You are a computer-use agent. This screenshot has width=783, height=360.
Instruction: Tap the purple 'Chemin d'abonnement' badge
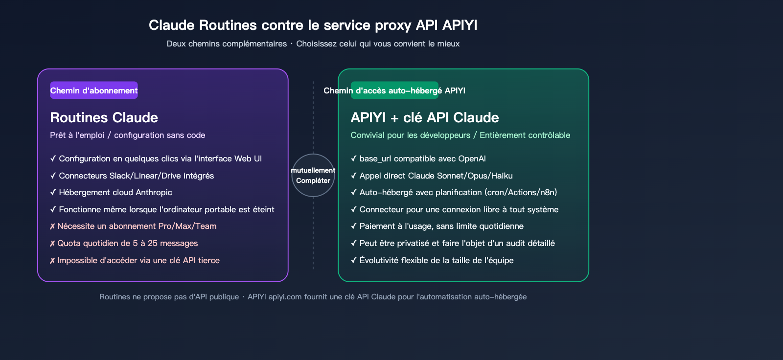coord(94,90)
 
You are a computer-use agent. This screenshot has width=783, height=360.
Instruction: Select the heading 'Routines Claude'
coord(104,117)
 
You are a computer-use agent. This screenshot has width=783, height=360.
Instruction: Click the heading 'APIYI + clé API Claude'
coord(424,117)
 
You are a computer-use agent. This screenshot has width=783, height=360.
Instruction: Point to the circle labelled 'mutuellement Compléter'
coord(313,175)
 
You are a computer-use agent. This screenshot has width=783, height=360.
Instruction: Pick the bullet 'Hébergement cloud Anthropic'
coord(115,192)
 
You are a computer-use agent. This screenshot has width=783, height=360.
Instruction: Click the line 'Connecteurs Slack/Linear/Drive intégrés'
coord(136,176)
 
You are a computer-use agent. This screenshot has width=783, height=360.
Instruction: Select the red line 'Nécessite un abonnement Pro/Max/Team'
coord(137,226)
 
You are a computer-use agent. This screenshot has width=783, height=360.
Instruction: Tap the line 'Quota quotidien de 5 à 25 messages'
coord(127,243)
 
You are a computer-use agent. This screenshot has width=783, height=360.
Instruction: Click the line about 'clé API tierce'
coord(138,260)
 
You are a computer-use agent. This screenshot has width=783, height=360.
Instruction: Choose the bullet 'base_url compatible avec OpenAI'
coord(422,158)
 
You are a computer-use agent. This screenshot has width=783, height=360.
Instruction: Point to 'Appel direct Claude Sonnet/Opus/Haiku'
coord(436,176)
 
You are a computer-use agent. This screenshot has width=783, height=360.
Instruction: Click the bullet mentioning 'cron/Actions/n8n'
coord(458,192)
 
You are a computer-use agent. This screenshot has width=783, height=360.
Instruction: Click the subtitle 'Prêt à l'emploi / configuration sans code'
coord(127,135)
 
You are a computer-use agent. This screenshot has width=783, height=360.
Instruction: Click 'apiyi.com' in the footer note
coord(285,297)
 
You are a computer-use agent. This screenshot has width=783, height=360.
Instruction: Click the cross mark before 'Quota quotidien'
coord(52,244)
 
